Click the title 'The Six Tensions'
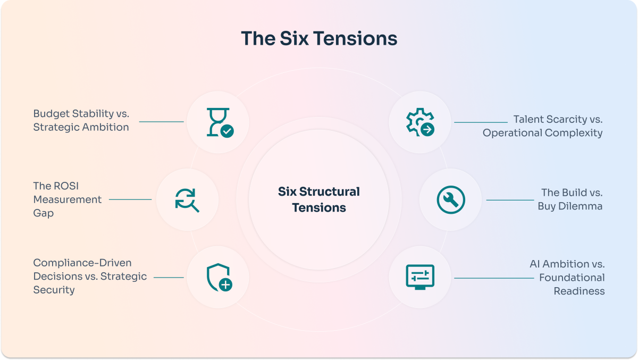tap(319, 38)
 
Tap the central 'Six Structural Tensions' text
tap(319, 199)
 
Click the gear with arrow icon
tap(420, 122)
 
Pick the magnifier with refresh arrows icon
tap(187, 200)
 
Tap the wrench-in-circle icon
tap(451, 199)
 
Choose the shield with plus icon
tap(219, 278)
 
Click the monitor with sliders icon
tap(420, 277)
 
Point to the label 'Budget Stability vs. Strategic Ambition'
tap(81, 120)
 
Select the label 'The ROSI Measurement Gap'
tap(67, 199)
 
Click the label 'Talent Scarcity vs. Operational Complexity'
tap(543, 126)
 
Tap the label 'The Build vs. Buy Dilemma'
tap(570, 199)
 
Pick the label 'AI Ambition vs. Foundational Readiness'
tap(567, 278)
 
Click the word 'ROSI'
tap(66, 186)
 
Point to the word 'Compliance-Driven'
tap(82, 263)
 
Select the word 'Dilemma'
tap(580, 206)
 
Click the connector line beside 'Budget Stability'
tap(161, 122)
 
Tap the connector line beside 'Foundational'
tap(494, 278)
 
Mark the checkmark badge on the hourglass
tap(227, 131)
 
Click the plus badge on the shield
tap(225, 284)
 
